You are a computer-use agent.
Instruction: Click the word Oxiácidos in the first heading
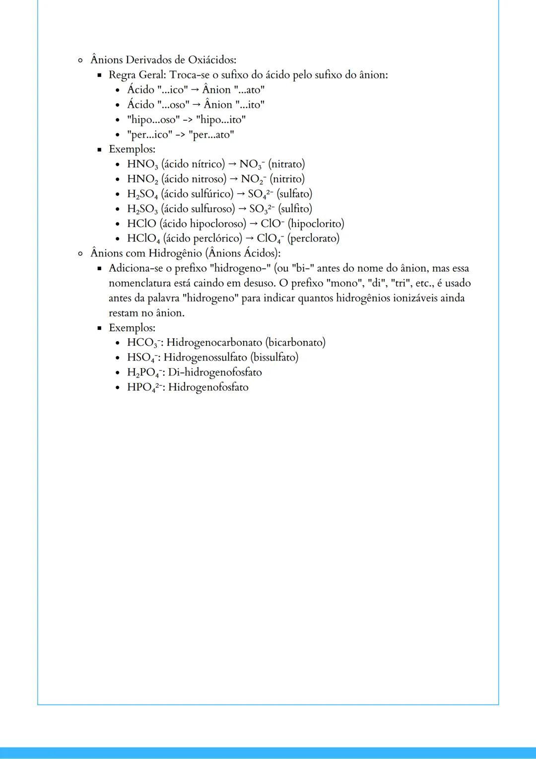point(212,60)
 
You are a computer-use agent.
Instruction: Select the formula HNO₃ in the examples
point(143,164)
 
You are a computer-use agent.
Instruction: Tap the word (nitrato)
point(287,164)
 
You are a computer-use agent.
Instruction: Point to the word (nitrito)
point(287,179)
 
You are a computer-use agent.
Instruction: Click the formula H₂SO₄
point(142,194)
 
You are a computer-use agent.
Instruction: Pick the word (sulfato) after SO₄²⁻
point(295,194)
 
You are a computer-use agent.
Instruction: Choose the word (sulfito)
point(295,209)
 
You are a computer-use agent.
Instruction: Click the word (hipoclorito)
point(316,224)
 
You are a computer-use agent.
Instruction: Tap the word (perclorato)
point(314,238)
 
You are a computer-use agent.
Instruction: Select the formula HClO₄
point(143,239)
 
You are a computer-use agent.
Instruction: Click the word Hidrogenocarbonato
point(214,343)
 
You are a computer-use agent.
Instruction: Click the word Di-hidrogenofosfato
point(215,373)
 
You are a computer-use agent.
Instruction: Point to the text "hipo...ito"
point(221,120)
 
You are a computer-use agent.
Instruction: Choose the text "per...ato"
point(211,135)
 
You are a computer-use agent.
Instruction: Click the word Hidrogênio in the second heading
point(175,253)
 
